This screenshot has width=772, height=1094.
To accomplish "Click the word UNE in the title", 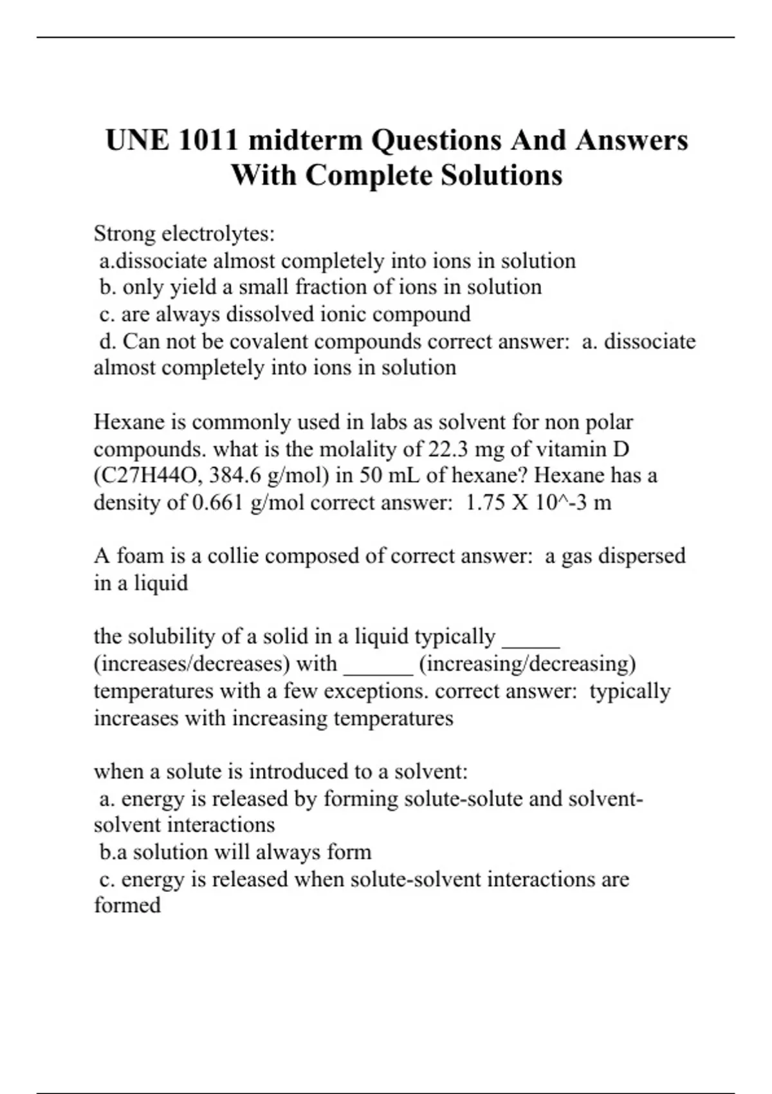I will click(x=135, y=140).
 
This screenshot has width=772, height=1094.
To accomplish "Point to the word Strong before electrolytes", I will click(x=124, y=234).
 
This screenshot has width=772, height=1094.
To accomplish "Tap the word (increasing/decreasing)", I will click(x=527, y=663).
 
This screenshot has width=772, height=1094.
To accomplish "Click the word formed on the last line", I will click(x=127, y=905).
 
